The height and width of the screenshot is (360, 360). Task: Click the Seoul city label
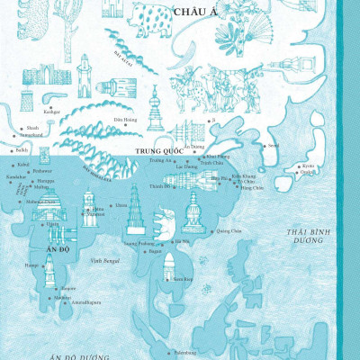(274, 144)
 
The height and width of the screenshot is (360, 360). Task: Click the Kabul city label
(23, 166)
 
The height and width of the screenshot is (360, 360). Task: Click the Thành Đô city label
(159, 187)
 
